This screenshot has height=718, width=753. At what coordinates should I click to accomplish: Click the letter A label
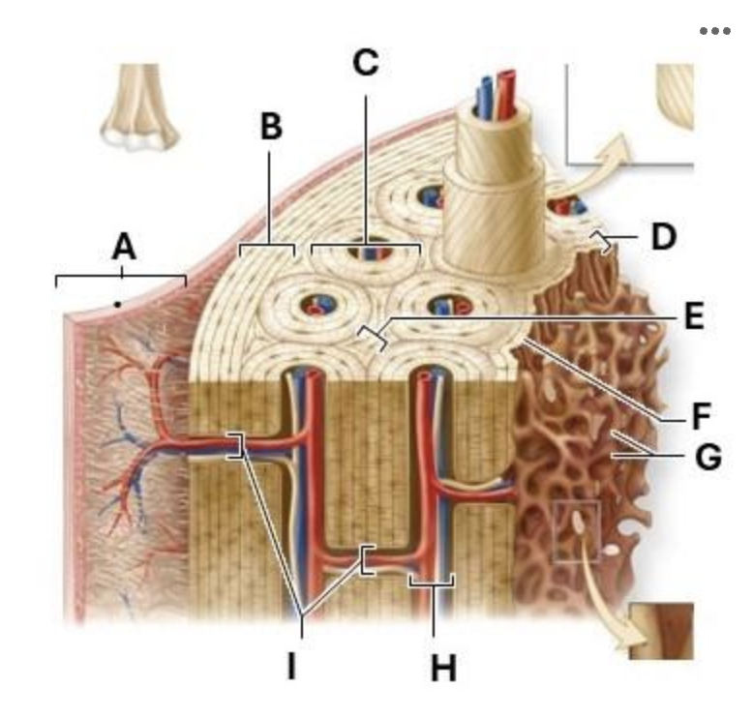point(124,247)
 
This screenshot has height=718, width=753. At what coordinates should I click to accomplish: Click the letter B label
point(271,126)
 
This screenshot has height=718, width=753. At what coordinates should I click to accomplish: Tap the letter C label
point(366,63)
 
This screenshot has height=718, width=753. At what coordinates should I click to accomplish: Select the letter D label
point(664,237)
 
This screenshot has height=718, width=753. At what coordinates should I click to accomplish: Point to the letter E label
point(695,316)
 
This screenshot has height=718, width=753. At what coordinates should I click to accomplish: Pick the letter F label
point(702,416)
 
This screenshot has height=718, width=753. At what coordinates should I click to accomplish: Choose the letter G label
point(708,456)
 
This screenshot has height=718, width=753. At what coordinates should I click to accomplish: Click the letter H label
point(443,668)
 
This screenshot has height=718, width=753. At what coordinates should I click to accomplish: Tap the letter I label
point(291,666)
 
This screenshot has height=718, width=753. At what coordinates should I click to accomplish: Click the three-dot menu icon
point(715,31)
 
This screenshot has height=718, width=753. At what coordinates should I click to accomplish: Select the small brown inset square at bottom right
point(662,631)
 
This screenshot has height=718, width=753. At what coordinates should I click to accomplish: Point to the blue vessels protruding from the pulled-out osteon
point(486,97)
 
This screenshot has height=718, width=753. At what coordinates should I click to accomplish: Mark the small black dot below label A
point(117,304)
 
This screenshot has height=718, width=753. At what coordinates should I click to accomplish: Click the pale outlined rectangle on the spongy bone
point(576,530)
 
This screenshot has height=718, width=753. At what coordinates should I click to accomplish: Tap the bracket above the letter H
point(432,583)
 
